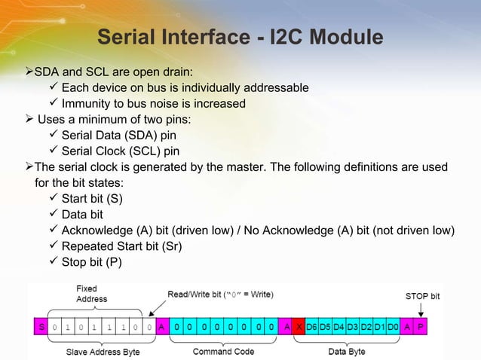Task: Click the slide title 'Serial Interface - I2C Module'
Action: click(240, 37)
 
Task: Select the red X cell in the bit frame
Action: click(299, 328)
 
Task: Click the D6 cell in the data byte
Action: click(312, 328)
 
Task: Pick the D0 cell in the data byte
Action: click(392, 328)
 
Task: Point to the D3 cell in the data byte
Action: click(352, 328)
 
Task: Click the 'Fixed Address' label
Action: click(92, 294)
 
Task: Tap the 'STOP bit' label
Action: click(422, 296)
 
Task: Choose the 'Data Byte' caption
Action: click(348, 352)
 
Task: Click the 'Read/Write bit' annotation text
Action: click(220, 294)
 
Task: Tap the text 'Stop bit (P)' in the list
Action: click(91, 263)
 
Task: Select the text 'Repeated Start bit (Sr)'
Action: click(121, 246)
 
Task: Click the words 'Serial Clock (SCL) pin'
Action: click(121, 151)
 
